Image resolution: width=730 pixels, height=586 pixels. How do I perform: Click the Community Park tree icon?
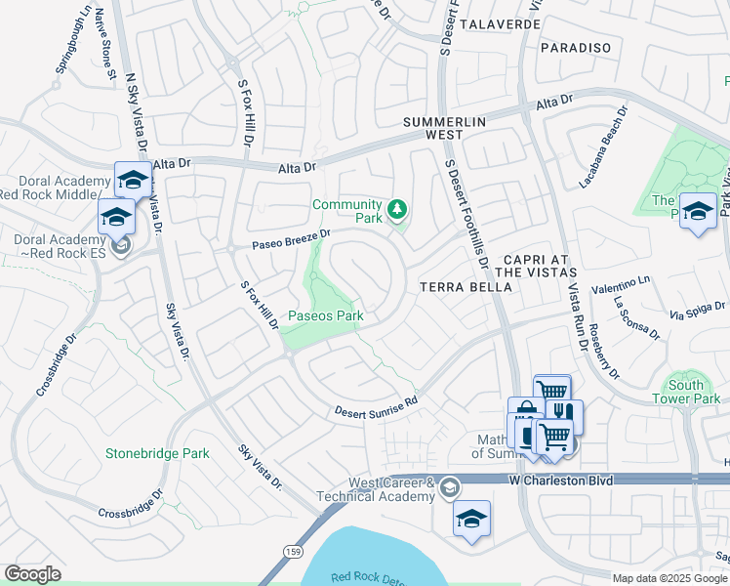pos(396,209)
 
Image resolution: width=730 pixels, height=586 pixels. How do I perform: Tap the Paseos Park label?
pos(325,315)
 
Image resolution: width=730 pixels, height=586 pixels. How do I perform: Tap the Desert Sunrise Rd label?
pos(376,406)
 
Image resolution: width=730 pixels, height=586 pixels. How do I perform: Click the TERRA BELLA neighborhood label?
pos(465,287)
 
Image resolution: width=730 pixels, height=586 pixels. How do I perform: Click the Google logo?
pos(33,574)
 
